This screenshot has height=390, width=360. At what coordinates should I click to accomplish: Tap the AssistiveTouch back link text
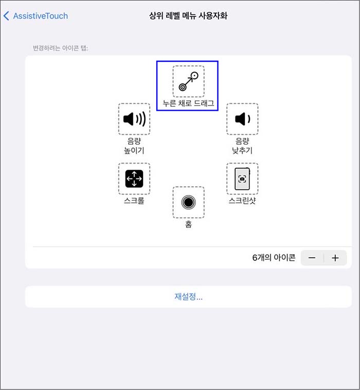click(x=40, y=16)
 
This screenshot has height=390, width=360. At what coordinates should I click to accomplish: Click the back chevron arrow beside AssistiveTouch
click(x=6, y=16)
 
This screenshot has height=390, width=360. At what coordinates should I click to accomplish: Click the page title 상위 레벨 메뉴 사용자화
click(x=188, y=16)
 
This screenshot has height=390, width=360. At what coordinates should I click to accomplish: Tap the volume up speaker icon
click(x=134, y=119)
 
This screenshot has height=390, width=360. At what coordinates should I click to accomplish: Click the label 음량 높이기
click(x=134, y=146)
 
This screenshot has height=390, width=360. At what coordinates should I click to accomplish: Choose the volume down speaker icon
click(x=242, y=119)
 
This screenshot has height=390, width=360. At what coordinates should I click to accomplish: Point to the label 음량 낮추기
click(x=242, y=146)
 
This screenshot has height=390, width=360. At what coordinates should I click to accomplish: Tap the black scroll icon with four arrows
click(x=134, y=179)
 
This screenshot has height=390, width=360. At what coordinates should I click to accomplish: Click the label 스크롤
click(x=134, y=201)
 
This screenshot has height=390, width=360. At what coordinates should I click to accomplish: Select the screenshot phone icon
click(x=242, y=179)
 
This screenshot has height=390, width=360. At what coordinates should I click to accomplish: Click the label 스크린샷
click(x=242, y=201)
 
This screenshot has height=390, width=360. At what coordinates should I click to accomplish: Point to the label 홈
click(x=188, y=224)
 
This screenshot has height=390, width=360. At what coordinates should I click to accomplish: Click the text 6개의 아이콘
click(x=274, y=258)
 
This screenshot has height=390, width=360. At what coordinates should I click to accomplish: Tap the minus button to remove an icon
click(x=312, y=258)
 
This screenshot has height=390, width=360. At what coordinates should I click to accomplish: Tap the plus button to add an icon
click(x=335, y=258)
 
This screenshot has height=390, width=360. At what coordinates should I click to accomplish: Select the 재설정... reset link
click(x=188, y=297)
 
